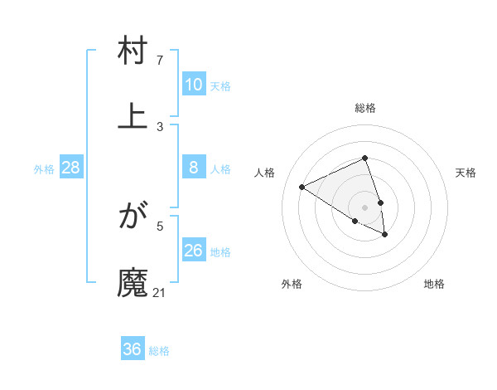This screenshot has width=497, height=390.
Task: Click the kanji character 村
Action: (133, 52)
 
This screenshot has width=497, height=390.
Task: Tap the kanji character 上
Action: (133, 115)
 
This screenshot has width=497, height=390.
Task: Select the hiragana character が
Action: (133, 217)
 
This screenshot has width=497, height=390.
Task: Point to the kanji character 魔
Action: (133, 281)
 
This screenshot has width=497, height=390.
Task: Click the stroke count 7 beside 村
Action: (160, 61)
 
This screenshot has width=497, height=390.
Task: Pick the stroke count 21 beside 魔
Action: (160, 292)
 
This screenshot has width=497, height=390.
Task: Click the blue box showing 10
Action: (194, 85)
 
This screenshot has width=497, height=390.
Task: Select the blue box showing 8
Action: (194, 168)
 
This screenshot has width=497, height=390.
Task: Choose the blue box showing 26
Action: (194, 251)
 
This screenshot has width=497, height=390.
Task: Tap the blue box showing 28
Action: (71, 168)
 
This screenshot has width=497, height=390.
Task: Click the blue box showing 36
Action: (133, 349)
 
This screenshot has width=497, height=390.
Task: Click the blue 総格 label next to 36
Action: (159, 351)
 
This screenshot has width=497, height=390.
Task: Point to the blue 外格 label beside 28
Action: (44, 169)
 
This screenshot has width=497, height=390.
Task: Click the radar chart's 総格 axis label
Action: (365, 108)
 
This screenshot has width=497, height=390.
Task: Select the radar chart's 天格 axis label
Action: (466, 173)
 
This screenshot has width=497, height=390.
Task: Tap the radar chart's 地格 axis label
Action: (434, 284)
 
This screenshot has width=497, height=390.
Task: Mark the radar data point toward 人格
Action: (302, 187)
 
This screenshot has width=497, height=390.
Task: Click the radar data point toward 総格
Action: (365, 158)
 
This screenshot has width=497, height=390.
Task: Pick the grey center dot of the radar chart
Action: (365, 207)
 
